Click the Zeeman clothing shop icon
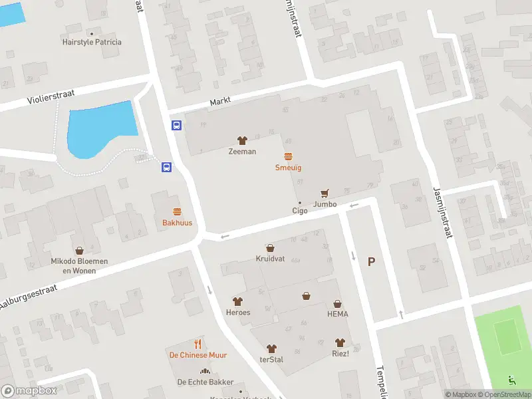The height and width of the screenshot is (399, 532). [x=242, y=140]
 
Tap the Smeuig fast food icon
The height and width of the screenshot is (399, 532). [x=289, y=157]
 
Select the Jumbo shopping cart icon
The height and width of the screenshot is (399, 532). [x=325, y=194]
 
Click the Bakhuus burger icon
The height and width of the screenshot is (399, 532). [x=177, y=212]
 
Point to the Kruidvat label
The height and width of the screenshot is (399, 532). [x=270, y=258]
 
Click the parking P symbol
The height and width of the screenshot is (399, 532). [x=371, y=262]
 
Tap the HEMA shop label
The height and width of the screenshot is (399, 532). [x=337, y=314]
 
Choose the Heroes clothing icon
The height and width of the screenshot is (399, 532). [x=237, y=301]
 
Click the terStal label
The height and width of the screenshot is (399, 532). [x=271, y=359]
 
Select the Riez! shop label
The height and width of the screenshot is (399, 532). [x=340, y=354]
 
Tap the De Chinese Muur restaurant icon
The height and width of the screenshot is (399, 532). [x=198, y=344]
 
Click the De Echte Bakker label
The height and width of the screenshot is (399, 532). [x=205, y=382]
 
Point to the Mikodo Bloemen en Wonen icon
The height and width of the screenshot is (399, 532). [x=80, y=251]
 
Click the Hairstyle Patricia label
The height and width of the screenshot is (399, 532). [x=92, y=42]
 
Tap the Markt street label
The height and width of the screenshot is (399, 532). [x=220, y=102]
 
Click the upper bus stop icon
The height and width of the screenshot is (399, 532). [x=177, y=125]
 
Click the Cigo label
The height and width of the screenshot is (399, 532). [x=299, y=211]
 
